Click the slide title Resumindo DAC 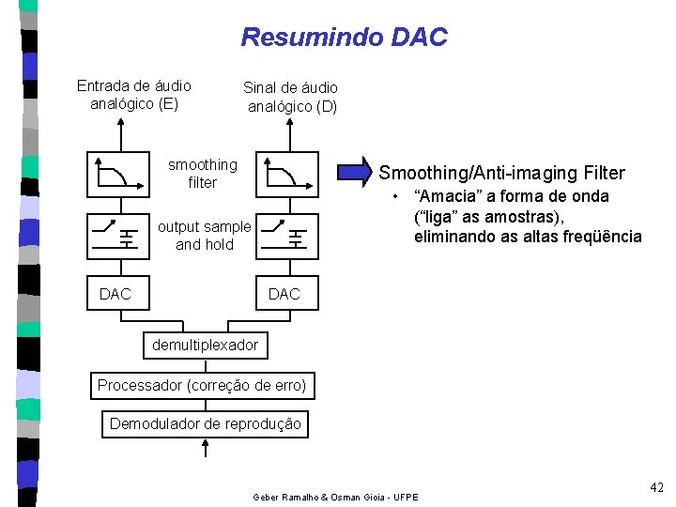pos(344,38)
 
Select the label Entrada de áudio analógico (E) pos(133,95)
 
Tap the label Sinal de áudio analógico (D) pos(291,97)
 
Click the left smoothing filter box pos(117,174)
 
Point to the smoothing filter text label pos(202,174)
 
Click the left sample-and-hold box pos(117,235)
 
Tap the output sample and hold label pos(204,236)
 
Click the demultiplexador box pos(205,345)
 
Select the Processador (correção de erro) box pos(202,385)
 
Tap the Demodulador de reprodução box pos(206,423)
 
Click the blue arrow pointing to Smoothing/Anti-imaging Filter pos(355,171)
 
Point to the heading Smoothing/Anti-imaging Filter pos(501,173)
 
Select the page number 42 pos(655,486)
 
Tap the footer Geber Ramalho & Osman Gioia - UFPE pos(336,496)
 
